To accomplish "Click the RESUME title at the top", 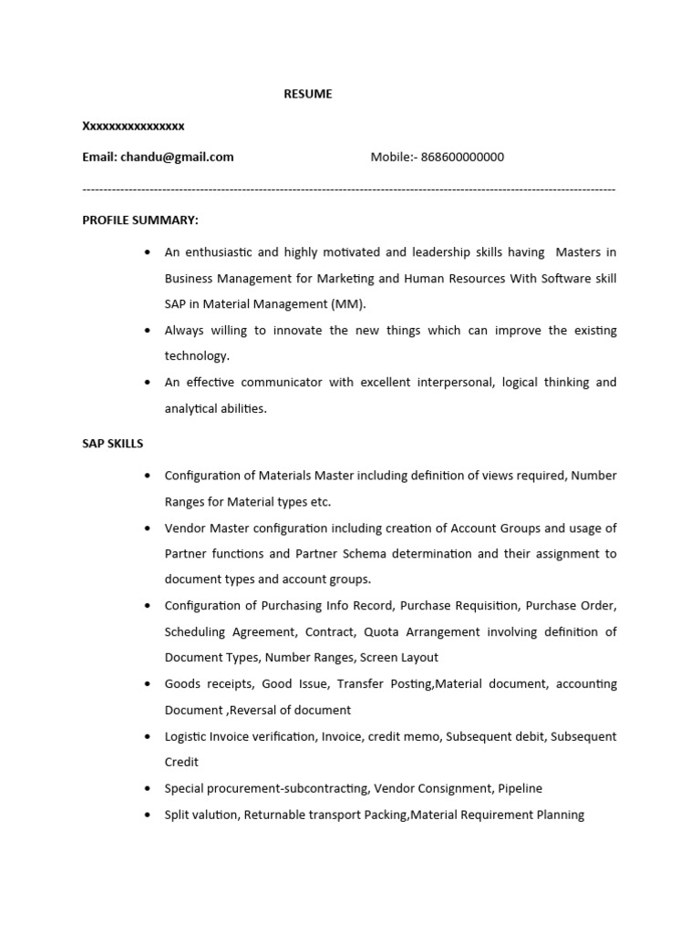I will tap(307, 94).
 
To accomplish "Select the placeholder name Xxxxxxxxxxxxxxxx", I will tap(133, 126).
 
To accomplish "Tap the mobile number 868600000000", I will tap(462, 157).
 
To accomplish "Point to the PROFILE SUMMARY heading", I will tap(140, 220).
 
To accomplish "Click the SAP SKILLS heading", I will tap(112, 444).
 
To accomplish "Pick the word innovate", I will tap(296, 330).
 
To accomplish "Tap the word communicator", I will tap(281, 382).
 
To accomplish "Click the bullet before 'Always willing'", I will tap(148, 331).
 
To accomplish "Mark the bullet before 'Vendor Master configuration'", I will tap(148, 528).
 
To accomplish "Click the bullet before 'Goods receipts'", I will tap(148, 684).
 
